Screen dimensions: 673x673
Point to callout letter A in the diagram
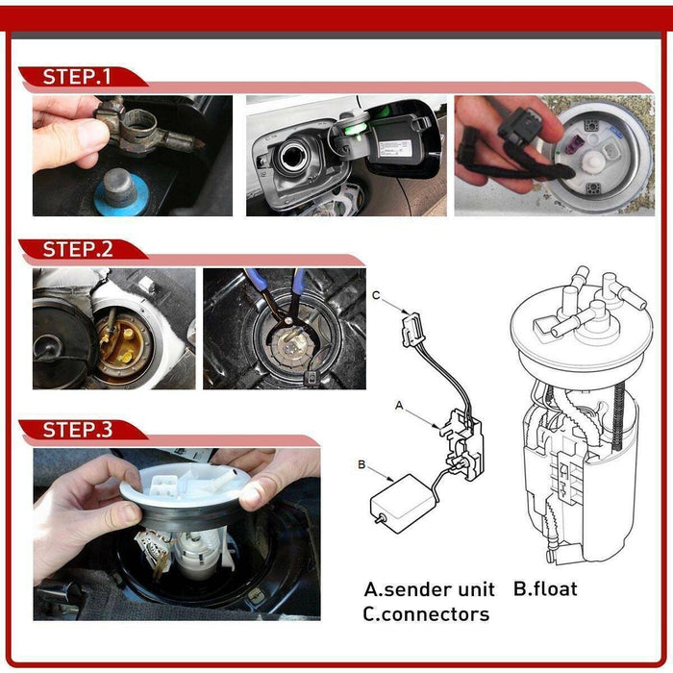tap(399, 406)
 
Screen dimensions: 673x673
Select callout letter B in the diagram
tap(361, 464)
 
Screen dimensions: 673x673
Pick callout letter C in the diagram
tap(377, 295)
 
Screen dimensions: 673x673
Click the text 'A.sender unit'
tap(429, 588)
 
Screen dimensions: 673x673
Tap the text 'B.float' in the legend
tap(545, 588)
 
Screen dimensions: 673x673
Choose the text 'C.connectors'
tap(425, 613)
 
